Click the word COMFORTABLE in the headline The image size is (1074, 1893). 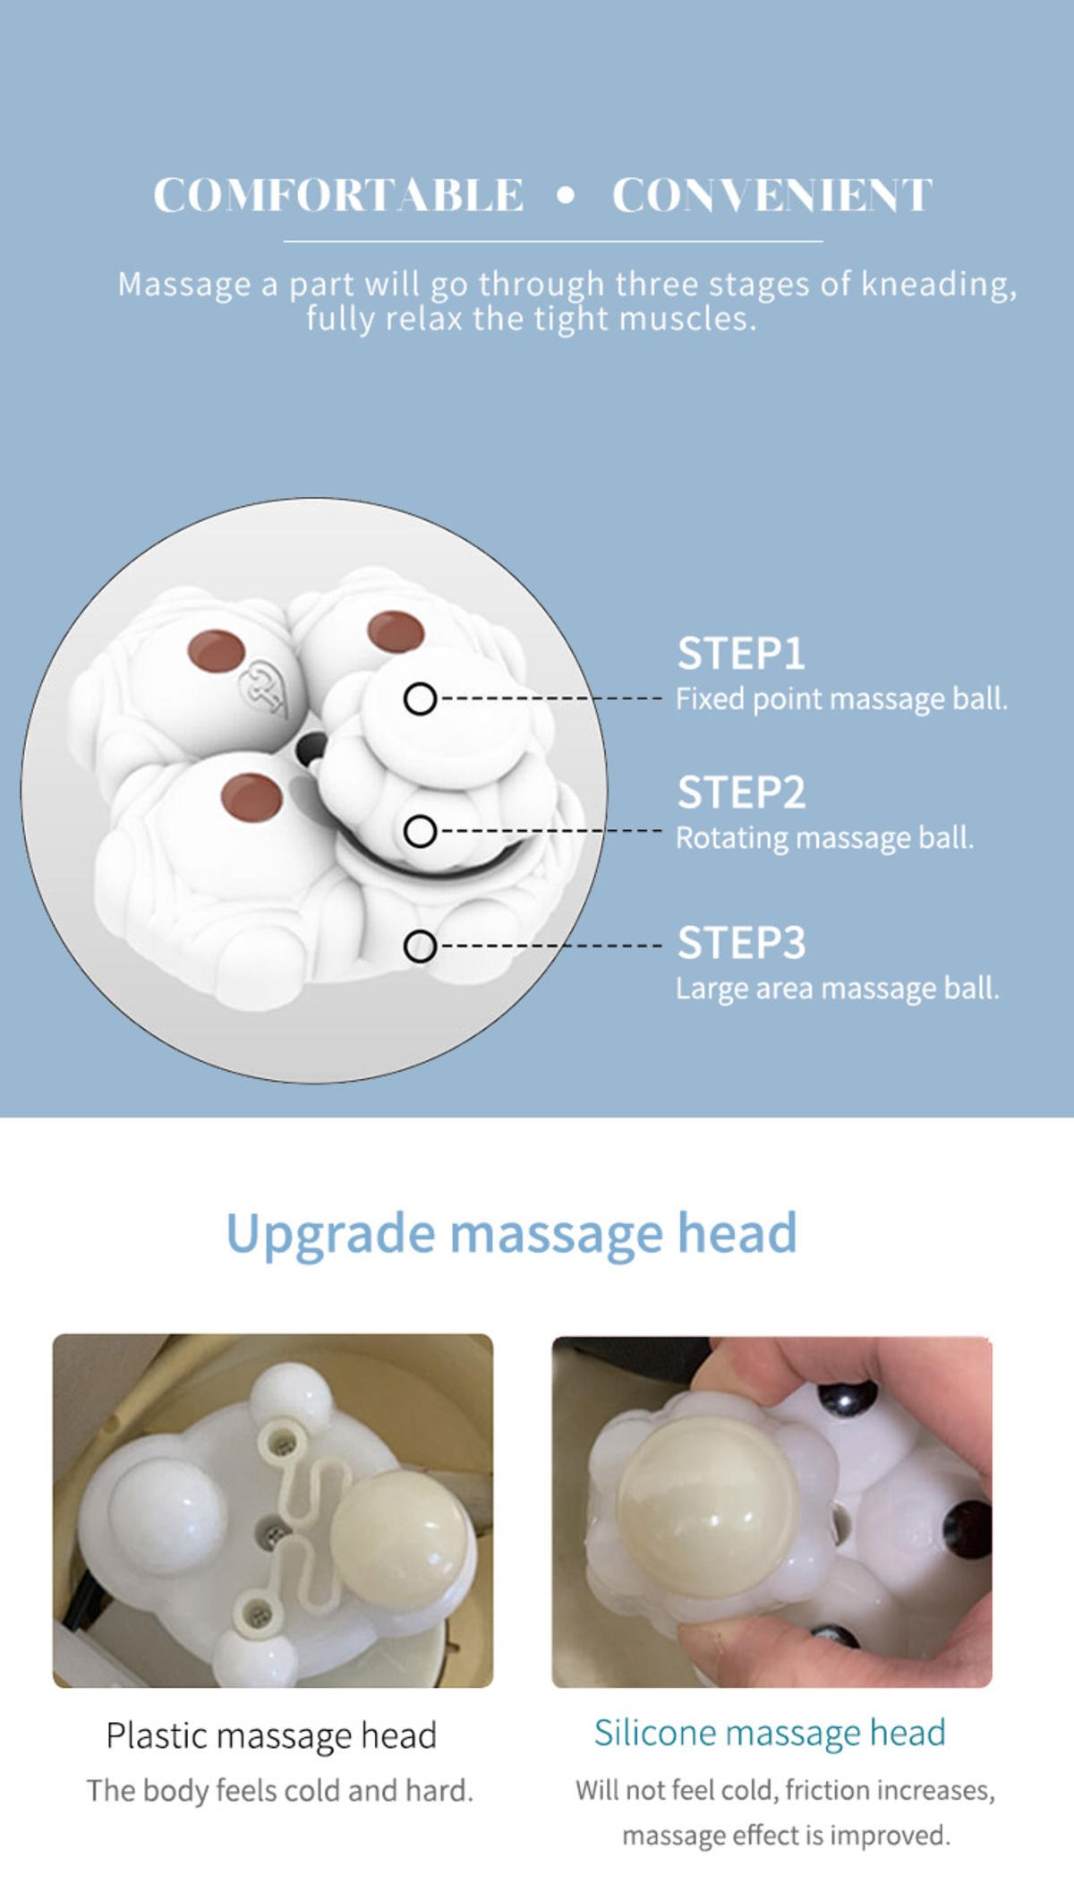(338, 195)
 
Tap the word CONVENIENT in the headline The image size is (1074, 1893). (772, 195)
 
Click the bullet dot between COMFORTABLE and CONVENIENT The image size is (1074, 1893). (566, 195)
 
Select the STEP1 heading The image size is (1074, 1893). (741, 653)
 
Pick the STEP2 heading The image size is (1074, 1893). (741, 792)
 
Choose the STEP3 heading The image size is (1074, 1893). (741, 943)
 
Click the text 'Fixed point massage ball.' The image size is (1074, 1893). (841, 698)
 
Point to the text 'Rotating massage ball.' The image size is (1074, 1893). (824, 838)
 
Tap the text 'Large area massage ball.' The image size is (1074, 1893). (837, 989)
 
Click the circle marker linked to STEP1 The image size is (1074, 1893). (420, 698)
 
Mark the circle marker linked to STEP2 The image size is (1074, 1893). (420, 831)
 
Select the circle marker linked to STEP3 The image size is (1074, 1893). (420, 946)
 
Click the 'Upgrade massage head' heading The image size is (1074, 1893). (511, 1234)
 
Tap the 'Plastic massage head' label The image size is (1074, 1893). (271, 1735)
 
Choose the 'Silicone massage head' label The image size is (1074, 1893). (770, 1734)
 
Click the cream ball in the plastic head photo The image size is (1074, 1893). (400, 1538)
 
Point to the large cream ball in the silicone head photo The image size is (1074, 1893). (707, 1507)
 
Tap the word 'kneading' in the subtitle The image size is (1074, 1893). (939, 285)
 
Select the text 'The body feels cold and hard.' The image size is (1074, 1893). (279, 1790)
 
